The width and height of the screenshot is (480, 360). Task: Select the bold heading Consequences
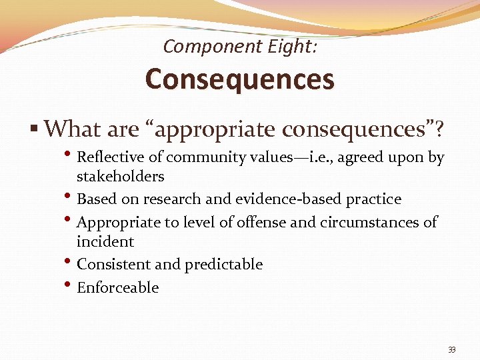[239, 79]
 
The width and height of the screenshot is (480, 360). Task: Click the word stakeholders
[120, 176]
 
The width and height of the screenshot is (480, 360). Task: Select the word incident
[105, 241]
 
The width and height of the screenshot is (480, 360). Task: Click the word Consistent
[114, 265]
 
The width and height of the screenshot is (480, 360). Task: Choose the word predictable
[223, 265]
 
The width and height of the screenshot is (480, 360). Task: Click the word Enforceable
[118, 287]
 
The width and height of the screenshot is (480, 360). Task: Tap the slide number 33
[452, 350]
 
